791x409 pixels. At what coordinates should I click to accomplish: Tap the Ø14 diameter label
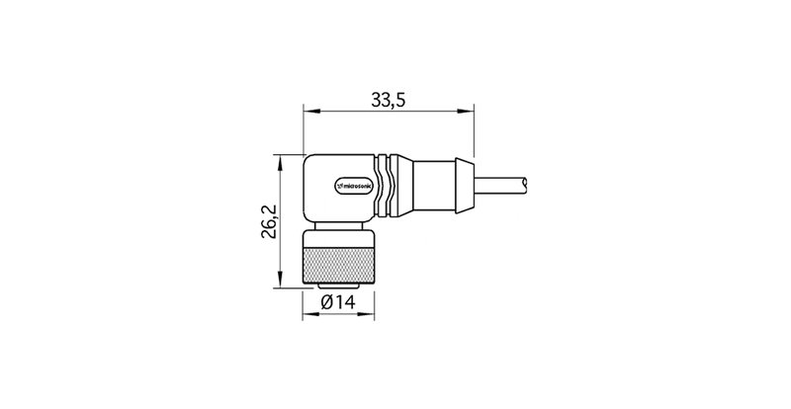click(339, 303)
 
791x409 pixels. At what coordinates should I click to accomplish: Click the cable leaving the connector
click(499, 185)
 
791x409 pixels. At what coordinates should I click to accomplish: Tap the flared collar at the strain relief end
click(462, 185)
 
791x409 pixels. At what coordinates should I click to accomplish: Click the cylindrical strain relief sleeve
click(428, 185)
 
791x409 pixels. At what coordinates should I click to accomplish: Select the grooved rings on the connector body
click(393, 185)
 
